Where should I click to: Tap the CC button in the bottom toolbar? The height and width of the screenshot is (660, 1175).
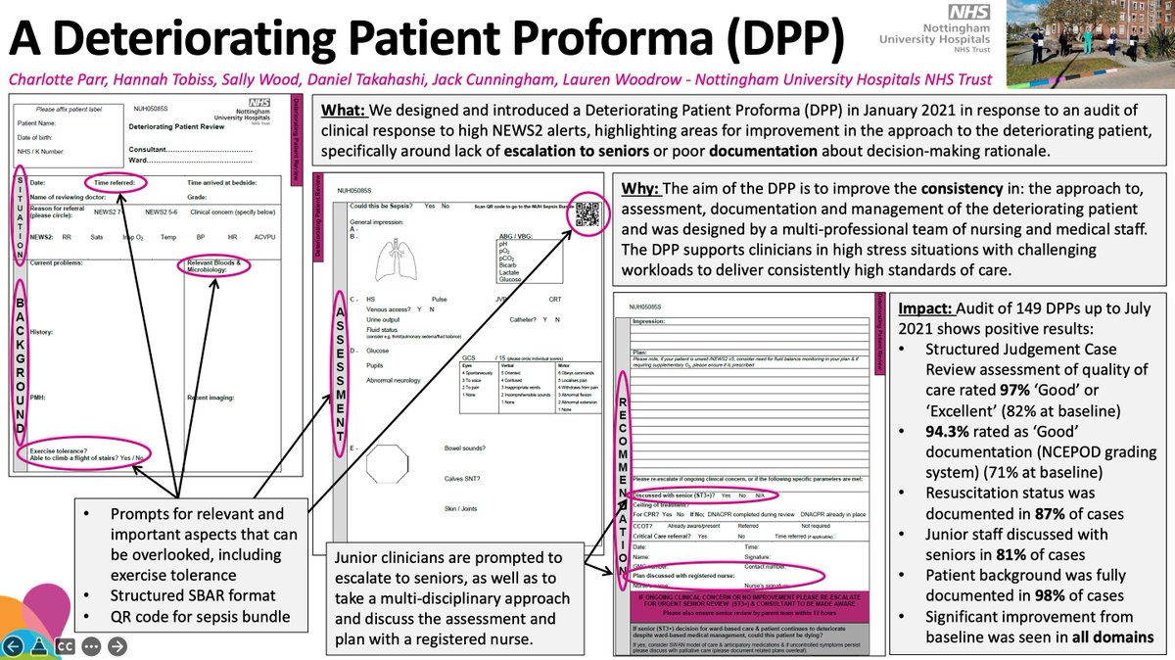click(67, 645)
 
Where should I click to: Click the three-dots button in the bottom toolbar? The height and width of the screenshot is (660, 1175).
click(92, 645)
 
